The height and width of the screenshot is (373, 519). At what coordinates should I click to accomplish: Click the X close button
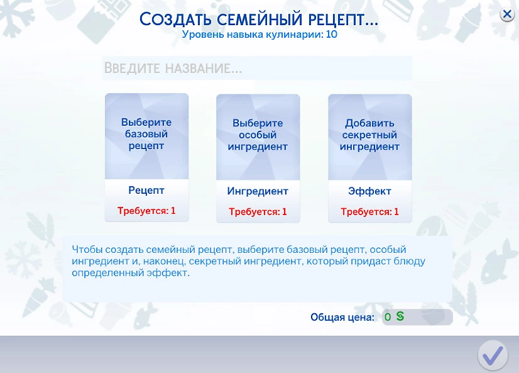pyautogui.click(x=507, y=14)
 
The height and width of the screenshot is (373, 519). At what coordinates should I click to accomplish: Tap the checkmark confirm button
pyautogui.click(x=493, y=355)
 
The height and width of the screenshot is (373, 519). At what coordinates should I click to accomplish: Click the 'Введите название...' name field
pyautogui.click(x=257, y=68)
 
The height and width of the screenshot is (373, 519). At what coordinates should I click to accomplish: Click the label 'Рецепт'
pyautogui.click(x=146, y=191)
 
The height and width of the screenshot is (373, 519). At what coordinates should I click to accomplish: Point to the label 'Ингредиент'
pyautogui.click(x=258, y=191)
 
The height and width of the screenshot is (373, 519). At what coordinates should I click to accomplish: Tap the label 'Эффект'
pyautogui.click(x=369, y=191)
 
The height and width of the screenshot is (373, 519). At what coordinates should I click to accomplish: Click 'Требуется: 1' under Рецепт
pyautogui.click(x=146, y=211)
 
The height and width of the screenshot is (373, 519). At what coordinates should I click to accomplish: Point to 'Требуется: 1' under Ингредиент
pyautogui.click(x=258, y=212)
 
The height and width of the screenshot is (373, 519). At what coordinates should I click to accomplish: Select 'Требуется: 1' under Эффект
pyautogui.click(x=369, y=212)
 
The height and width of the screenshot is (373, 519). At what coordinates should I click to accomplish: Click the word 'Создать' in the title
pyautogui.click(x=175, y=19)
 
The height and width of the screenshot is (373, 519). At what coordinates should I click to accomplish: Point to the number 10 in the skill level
pyautogui.click(x=331, y=35)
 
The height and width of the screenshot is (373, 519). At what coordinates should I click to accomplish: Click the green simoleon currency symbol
pyautogui.click(x=400, y=316)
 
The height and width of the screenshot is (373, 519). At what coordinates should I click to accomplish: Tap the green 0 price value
pyautogui.click(x=388, y=318)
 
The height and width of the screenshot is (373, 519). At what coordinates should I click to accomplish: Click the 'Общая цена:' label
pyautogui.click(x=342, y=318)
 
